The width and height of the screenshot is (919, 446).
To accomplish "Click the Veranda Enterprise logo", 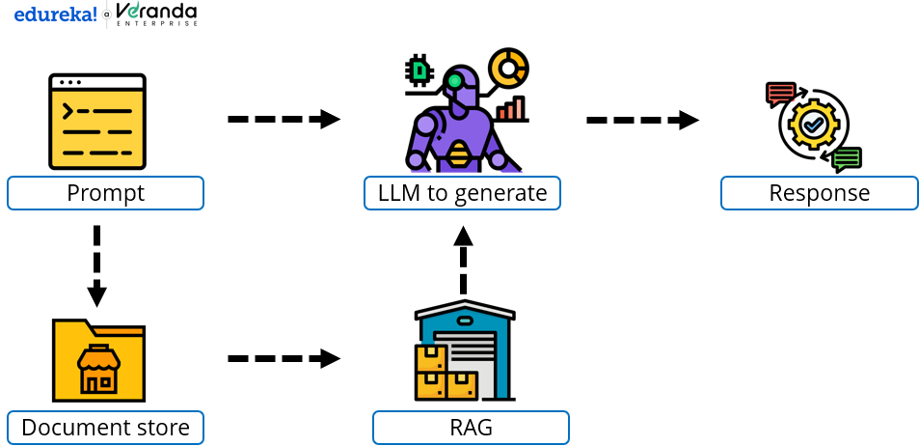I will [x=156, y=14].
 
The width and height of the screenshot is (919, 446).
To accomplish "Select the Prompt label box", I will [x=105, y=193].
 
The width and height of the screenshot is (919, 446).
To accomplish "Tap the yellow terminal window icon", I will [x=97, y=122].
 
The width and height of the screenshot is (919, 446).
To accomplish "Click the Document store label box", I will [x=105, y=427].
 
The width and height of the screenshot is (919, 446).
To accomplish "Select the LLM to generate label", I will [x=462, y=193].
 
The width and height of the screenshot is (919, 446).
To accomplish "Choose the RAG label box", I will [x=471, y=427].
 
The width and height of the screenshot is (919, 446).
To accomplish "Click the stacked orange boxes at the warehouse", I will [x=439, y=376].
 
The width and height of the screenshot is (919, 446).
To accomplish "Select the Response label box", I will [x=819, y=193].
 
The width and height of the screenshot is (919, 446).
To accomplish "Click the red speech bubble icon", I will [x=780, y=94].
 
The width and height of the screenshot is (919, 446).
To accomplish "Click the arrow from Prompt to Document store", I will [x=95, y=265].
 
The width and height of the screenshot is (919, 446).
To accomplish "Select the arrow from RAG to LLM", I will [x=464, y=261].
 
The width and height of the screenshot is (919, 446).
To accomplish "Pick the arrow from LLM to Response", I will [x=642, y=120].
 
